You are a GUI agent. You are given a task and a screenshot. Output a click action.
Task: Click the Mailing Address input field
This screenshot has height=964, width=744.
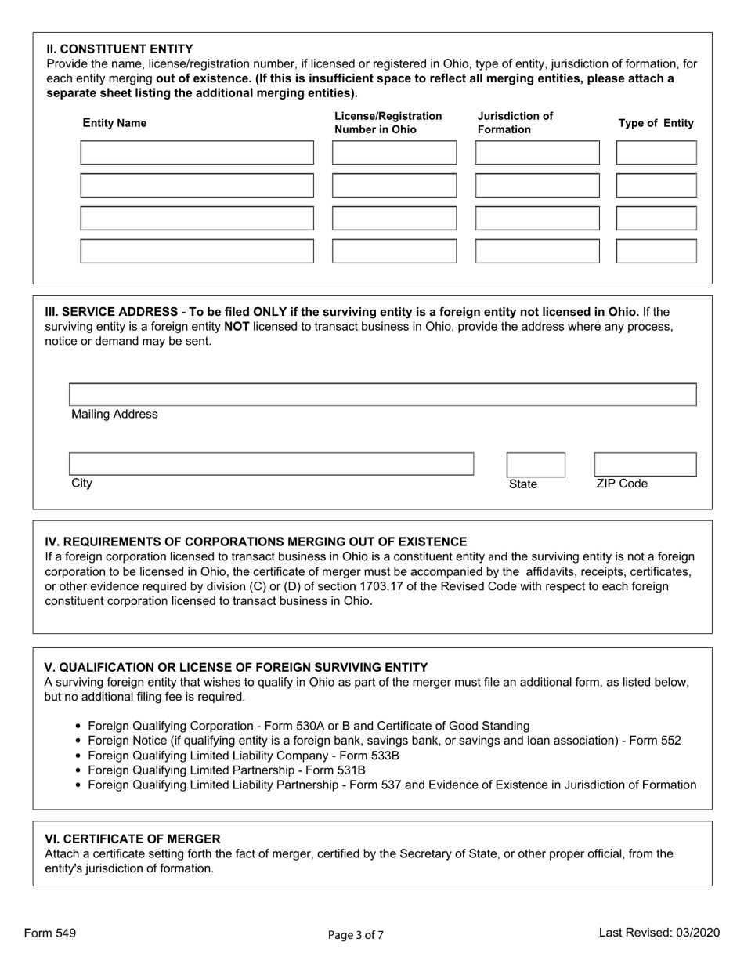pos(382,395)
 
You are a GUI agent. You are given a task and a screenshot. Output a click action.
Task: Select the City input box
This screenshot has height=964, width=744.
pos(271,464)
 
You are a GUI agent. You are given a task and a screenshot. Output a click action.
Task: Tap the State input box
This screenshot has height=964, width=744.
pos(536,465)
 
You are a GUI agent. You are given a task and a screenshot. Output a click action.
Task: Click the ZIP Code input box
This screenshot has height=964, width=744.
pos(645,465)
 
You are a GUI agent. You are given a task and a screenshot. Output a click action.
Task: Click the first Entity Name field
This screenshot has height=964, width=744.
pos(197,153)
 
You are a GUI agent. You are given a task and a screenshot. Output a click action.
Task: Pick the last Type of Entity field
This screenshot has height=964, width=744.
pos(656,251)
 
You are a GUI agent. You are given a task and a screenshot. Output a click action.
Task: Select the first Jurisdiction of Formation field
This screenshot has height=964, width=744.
pos(537,153)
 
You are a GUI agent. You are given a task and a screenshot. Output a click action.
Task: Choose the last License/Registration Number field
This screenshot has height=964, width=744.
pos(394,251)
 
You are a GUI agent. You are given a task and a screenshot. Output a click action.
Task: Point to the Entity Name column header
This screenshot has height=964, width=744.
pos(114,123)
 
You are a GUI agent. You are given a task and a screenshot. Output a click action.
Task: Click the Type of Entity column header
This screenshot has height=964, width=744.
pos(656,123)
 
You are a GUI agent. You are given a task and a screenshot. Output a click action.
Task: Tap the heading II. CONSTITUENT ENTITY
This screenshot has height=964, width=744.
pos(120,49)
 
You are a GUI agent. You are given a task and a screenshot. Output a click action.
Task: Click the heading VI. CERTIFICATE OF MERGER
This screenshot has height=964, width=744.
pos(132,839)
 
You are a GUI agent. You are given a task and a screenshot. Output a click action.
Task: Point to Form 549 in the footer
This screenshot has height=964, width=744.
pos(50,933)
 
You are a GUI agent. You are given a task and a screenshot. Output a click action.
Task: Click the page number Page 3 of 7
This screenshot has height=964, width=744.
pos(356,933)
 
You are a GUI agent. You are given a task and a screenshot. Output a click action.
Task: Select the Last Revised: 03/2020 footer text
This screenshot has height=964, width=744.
pos(659,933)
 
